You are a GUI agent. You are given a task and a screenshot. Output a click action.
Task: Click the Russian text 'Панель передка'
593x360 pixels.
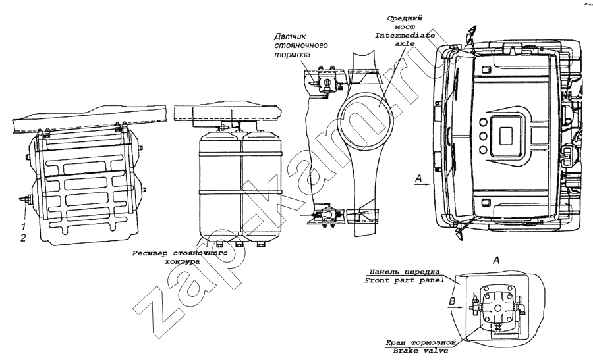pyautogui.click(x=397, y=272)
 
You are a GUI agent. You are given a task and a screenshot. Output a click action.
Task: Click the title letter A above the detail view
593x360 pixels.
pyautogui.click(x=497, y=260)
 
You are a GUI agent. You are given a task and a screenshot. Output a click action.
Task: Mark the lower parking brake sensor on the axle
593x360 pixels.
pyautogui.click(x=325, y=215)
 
